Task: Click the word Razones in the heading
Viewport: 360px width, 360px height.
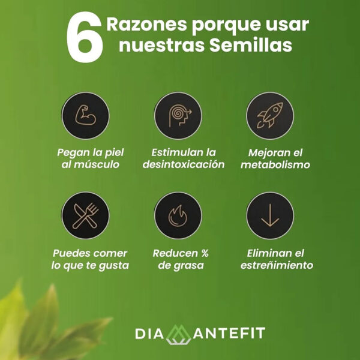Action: click(142, 25)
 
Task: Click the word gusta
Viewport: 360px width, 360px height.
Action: click(114, 265)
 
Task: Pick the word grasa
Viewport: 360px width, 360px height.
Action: click(189, 265)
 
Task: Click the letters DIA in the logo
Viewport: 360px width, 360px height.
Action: click(148, 333)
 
